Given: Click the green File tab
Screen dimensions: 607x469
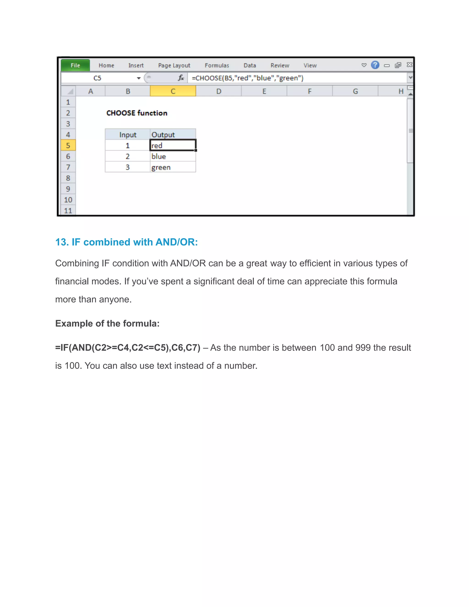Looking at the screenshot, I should click(75, 65).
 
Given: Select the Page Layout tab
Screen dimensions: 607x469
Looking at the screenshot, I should click(174, 66).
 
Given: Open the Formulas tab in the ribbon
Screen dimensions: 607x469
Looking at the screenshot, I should click(217, 66).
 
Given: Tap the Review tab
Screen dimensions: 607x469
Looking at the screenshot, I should click(280, 66).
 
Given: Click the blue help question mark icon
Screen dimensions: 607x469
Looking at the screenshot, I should click(375, 65).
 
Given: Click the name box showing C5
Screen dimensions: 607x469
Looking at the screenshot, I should click(97, 78).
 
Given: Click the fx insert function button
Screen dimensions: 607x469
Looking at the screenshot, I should click(181, 78).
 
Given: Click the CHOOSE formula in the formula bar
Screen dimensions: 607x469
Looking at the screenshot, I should click(247, 78).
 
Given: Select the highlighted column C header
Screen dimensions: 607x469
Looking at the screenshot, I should click(173, 91).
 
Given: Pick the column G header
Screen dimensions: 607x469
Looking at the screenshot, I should click(355, 91).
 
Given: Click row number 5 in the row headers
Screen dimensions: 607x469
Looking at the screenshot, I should click(68, 145).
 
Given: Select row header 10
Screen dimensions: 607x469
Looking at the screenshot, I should click(68, 200).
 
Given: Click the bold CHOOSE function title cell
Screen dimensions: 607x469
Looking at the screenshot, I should click(137, 113).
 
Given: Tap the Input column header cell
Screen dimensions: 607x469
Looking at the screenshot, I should click(128, 135).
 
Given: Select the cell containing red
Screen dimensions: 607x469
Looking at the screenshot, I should click(172, 145).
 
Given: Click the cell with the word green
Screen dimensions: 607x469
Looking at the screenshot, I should click(172, 167).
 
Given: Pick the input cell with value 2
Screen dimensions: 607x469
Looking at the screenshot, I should click(128, 156).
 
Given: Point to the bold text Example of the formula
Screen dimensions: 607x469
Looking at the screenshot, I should click(107, 323).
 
